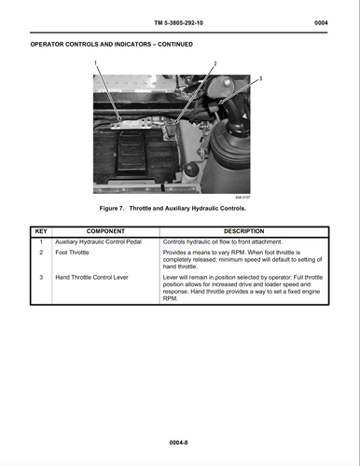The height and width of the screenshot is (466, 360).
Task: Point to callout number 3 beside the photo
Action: [x=260, y=78]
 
